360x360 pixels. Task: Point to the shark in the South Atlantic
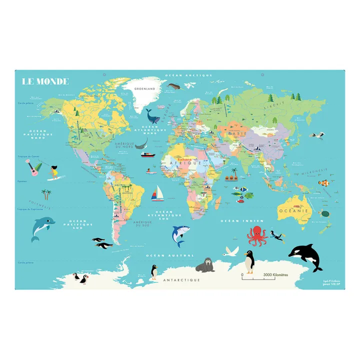point(179,234)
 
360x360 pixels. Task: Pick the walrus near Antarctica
point(205,265)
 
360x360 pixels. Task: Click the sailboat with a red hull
point(157,192)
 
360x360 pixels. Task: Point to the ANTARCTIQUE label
point(181,280)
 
